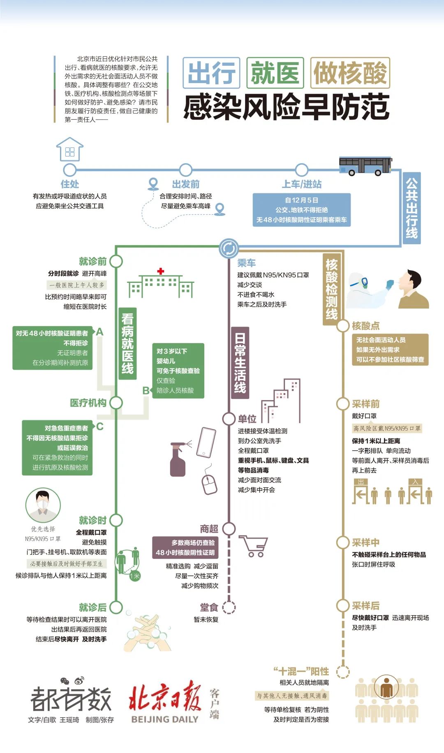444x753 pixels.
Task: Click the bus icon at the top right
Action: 365,166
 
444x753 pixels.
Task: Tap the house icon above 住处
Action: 70,149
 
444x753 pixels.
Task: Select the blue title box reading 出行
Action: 211,73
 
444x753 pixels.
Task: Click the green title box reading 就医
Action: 275,73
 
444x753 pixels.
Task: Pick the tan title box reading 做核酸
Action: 350,73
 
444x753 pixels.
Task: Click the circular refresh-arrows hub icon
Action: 229,248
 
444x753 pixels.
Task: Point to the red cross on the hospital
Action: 161,271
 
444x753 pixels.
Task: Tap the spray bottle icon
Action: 178,459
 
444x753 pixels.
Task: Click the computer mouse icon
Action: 209,484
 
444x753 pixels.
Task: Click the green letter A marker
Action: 99,332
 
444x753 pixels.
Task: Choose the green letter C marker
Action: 100,426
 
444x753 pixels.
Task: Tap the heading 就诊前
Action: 93,261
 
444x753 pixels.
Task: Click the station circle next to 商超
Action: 229,529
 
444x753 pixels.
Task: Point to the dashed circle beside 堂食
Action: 229,607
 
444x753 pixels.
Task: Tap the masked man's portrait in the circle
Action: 43,504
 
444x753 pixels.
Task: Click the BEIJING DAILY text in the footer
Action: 165,719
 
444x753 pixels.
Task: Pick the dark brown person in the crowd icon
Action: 386,688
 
